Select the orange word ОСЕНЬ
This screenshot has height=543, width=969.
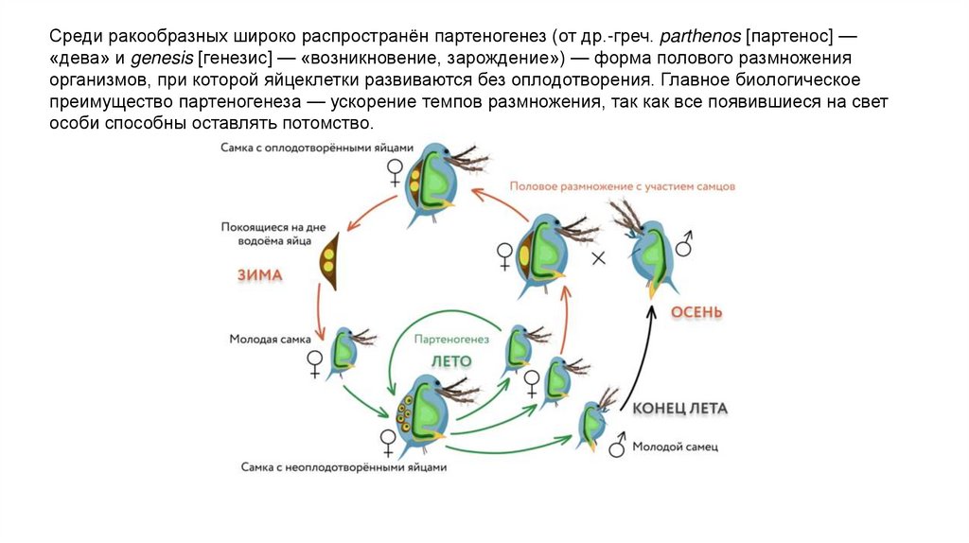coord(696,313)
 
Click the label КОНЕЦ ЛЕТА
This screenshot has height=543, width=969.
coord(679,409)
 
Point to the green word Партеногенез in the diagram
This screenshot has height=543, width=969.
coord(451,339)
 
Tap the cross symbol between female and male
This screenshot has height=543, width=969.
coord(598,257)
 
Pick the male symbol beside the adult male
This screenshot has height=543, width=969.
coord(683,245)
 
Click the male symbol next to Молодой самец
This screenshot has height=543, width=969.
coord(618,444)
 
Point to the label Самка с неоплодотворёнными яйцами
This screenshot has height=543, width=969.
coord(343,466)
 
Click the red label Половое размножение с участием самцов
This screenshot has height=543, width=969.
coord(622,186)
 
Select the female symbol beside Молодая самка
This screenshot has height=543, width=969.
coord(314,364)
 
